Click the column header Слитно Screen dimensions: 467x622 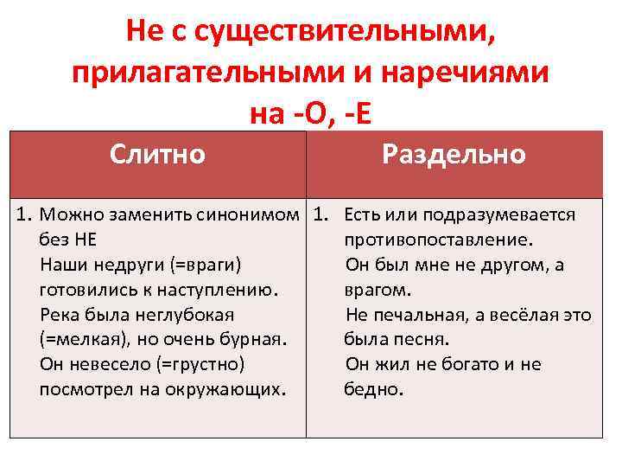tap(157, 155)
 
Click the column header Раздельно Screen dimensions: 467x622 tap(454, 155)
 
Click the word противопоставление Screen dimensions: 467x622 tap(438, 240)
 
